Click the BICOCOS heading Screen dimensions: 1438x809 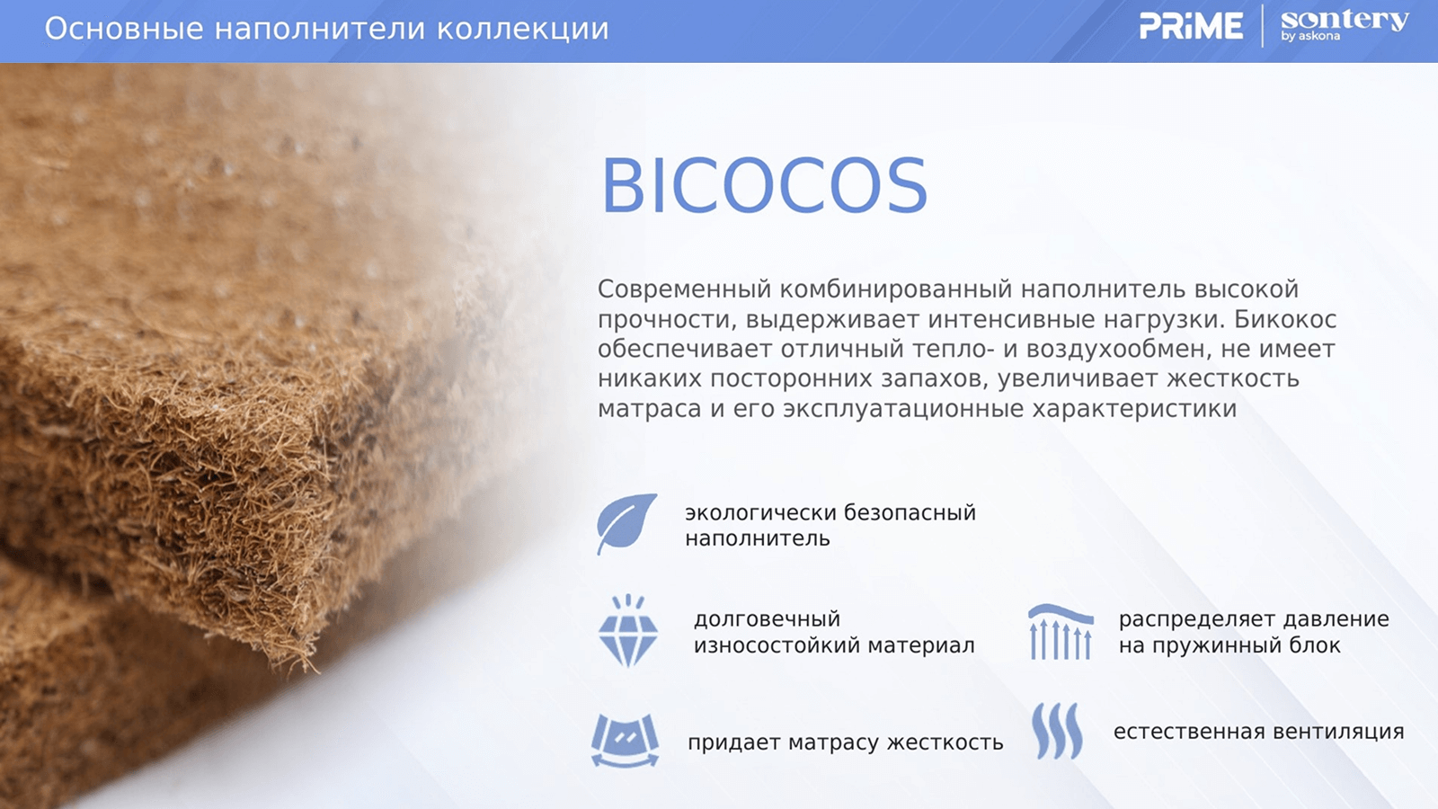pos(764,185)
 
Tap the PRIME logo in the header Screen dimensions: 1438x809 pos(1191,26)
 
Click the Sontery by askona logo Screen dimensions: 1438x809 pos(1345,26)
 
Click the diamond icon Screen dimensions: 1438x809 pos(628,630)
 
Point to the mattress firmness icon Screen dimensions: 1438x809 pos(626,741)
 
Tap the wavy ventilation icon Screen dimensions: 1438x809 pos(1057,731)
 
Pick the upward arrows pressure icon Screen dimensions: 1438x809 pos(1061,632)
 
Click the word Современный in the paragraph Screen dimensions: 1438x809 pos(684,289)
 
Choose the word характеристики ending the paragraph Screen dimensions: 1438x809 pos(1134,409)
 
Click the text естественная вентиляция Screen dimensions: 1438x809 pos(1258,732)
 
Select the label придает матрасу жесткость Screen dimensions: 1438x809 pos(845,742)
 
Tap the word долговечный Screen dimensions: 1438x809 pos(768,619)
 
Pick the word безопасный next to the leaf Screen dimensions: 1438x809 pos(910,513)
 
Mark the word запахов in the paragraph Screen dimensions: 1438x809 pos(934,379)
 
